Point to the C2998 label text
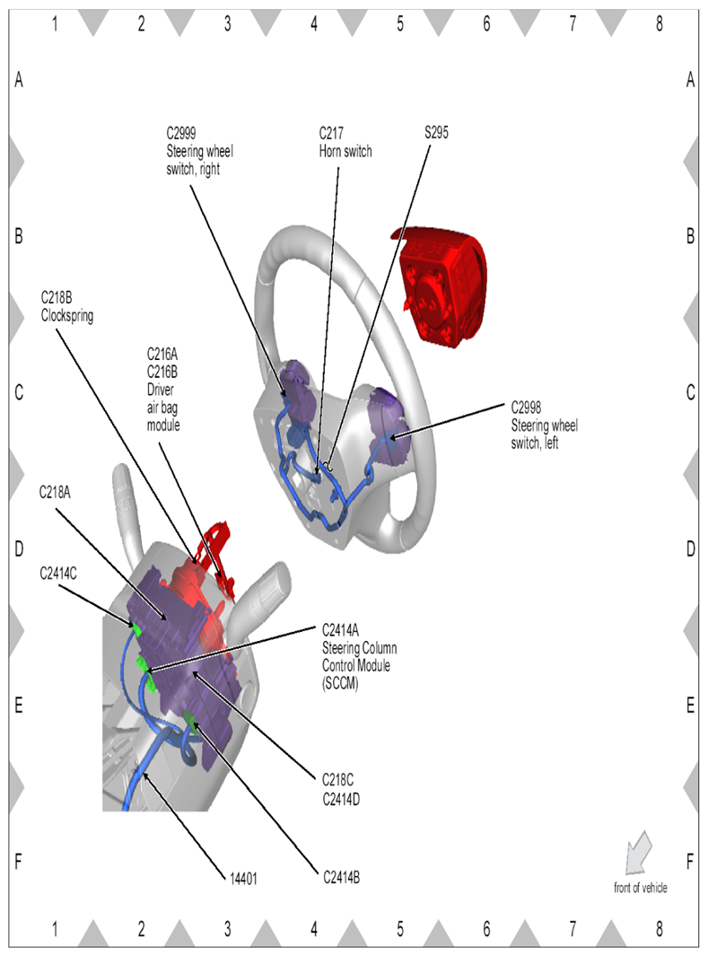click(x=529, y=405)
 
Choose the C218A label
click(x=55, y=492)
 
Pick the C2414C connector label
click(x=58, y=572)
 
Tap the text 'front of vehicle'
click(x=640, y=888)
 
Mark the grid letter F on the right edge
click(x=690, y=863)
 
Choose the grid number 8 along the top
click(x=659, y=25)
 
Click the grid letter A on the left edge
click(x=18, y=81)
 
